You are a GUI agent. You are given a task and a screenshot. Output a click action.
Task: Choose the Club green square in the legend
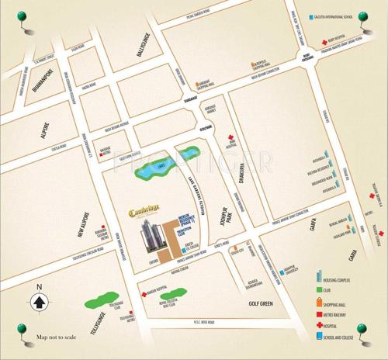point(320,292)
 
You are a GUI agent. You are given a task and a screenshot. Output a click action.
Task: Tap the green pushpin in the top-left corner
point(12,16)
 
